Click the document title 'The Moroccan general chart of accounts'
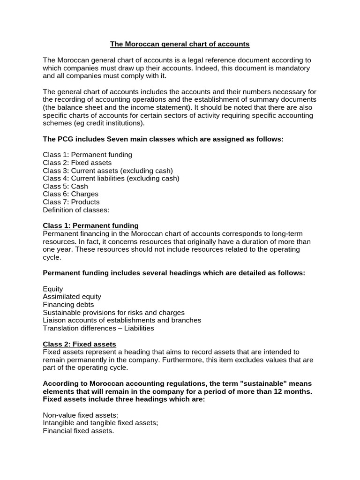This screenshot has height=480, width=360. click(x=180, y=44)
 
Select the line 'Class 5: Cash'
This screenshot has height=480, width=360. click(x=65, y=186)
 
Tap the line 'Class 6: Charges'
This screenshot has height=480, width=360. click(x=70, y=194)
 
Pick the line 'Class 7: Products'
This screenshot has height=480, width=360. click(x=71, y=202)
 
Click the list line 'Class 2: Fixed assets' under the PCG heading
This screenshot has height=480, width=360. click(x=77, y=163)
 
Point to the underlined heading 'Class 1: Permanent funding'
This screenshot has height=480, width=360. click(x=90, y=225)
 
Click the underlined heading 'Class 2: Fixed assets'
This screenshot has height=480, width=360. click(x=79, y=344)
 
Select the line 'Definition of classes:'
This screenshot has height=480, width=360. click(x=75, y=210)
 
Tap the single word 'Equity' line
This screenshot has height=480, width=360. click(x=53, y=289)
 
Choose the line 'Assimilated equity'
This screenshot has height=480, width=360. click(x=72, y=297)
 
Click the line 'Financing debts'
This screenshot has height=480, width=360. click(x=68, y=305)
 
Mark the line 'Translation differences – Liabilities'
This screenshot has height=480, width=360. click(x=98, y=328)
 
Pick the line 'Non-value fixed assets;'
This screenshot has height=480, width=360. click(x=80, y=415)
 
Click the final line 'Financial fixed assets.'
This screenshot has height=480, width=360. click(x=78, y=431)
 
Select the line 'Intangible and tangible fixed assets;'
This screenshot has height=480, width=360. click(x=100, y=423)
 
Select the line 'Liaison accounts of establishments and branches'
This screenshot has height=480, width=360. click(x=122, y=320)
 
